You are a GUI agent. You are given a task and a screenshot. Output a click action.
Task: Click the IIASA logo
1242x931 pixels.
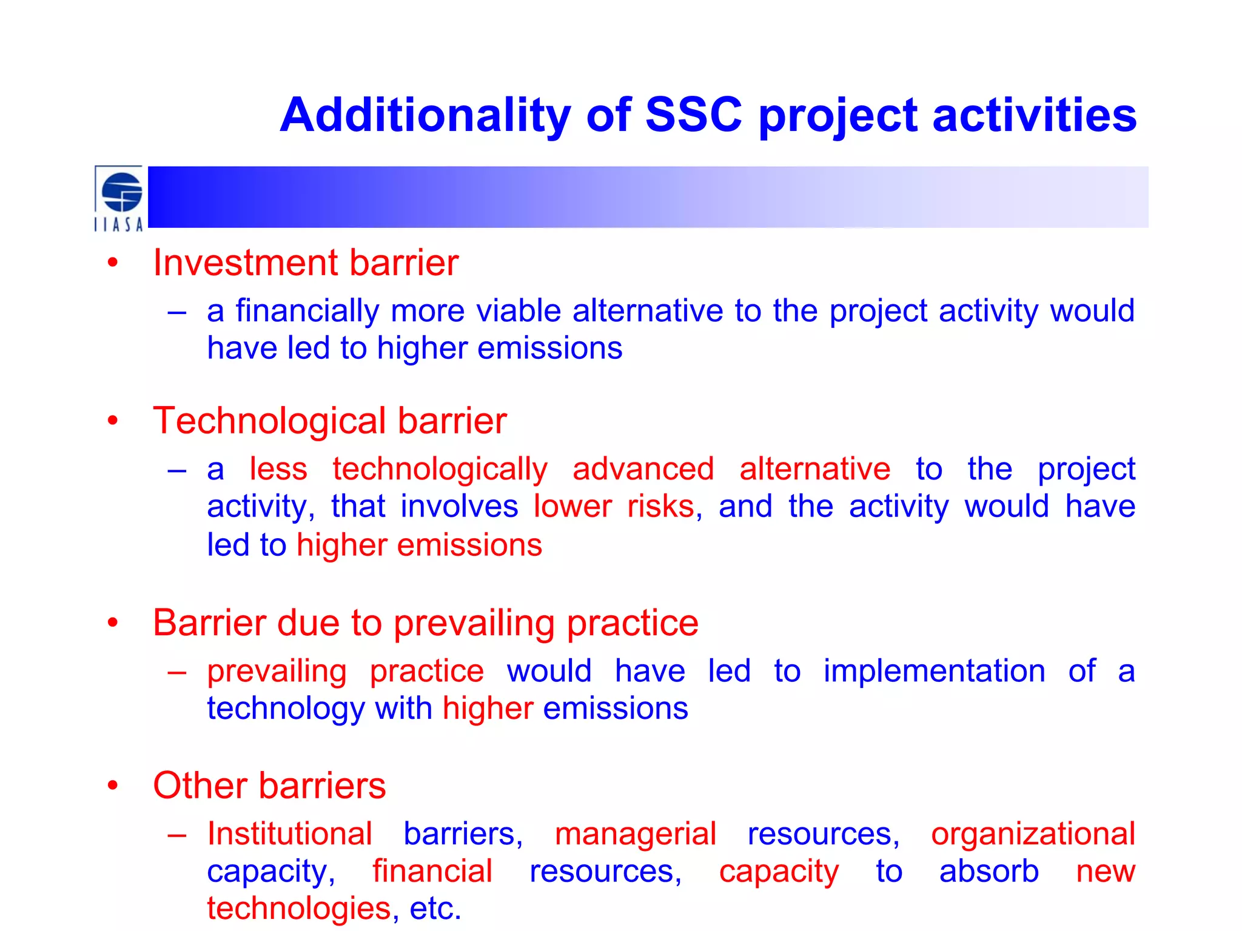tap(119, 199)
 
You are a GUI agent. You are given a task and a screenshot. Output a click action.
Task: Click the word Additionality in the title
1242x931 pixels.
tap(425, 115)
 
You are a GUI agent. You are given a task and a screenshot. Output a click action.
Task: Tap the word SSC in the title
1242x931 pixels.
tap(693, 115)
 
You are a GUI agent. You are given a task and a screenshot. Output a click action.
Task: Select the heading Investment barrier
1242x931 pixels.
tap(305, 263)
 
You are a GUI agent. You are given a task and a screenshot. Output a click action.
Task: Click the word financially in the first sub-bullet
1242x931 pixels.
tap(307, 311)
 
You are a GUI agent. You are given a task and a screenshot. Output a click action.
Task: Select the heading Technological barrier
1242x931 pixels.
tap(329, 421)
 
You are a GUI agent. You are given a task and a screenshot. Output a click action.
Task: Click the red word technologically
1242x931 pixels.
tap(440, 469)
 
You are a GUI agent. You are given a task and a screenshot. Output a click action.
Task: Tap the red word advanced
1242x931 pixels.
tap(643, 469)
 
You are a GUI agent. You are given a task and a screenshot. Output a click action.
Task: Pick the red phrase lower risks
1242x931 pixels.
tap(614, 507)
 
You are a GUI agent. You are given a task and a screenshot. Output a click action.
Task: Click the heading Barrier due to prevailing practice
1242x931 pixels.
tap(425, 623)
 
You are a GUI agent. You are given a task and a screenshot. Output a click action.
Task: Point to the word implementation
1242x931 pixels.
tap(934, 671)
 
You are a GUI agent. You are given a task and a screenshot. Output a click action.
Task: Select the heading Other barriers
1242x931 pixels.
tap(269, 786)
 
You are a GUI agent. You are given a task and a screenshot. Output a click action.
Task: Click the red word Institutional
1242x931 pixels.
tap(289, 834)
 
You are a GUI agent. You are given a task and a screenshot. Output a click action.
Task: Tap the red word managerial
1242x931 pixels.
tap(635, 834)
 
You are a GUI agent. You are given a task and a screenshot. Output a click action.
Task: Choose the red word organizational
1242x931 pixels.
tap(1033, 834)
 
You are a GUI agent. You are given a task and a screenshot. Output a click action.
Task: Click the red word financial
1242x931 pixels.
tap(432, 872)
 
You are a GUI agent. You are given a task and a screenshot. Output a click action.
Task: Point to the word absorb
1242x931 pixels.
tap(989, 872)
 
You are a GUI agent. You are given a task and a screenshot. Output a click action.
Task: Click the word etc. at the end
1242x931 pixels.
tap(435, 909)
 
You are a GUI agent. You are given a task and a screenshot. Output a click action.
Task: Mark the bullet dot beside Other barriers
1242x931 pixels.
tap(113, 786)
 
